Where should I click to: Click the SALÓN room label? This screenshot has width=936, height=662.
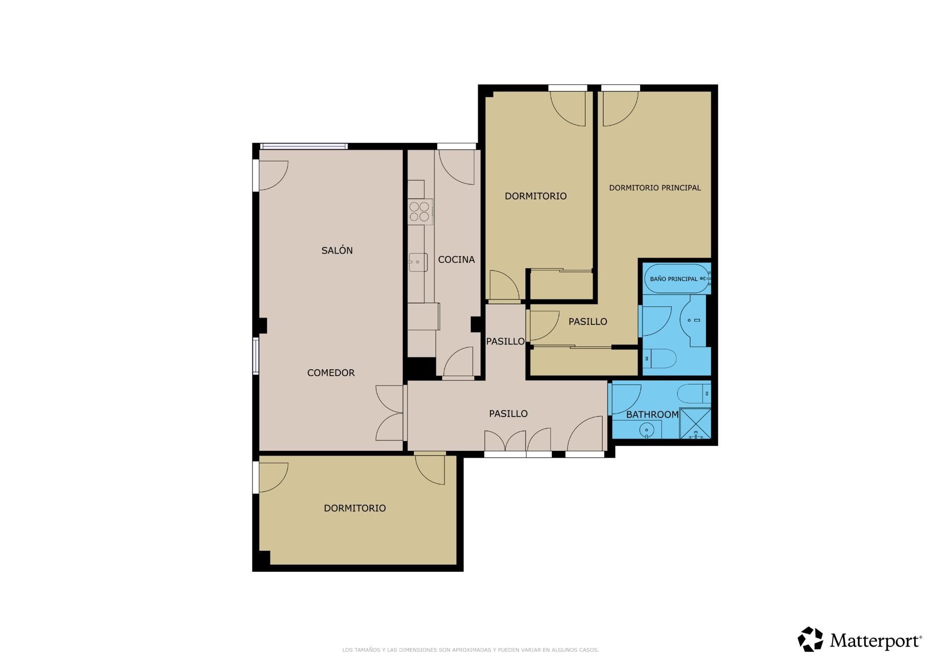pyautogui.click(x=337, y=250)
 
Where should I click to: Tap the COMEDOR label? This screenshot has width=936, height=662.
pyautogui.click(x=331, y=373)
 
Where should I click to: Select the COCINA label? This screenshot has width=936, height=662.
pyautogui.click(x=456, y=260)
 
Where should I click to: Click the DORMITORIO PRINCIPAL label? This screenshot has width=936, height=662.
pyautogui.click(x=655, y=188)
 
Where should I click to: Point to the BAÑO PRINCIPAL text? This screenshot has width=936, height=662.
pyautogui.click(x=674, y=279)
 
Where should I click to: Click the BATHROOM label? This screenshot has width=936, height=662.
pyautogui.click(x=652, y=415)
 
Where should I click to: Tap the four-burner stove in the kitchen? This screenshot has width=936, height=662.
pyautogui.click(x=420, y=212)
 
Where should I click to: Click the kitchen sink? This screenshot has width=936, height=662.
pyautogui.click(x=418, y=262)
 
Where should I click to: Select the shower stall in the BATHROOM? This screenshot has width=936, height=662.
pyautogui.click(x=695, y=423)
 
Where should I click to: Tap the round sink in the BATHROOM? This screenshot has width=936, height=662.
pyautogui.click(x=647, y=430)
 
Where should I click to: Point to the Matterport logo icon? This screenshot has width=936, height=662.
pyautogui.click(x=810, y=639)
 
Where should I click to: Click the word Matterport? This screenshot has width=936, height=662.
pyautogui.click(x=876, y=641)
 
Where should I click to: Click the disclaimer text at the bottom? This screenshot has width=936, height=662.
pyautogui.click(x=470, y=650)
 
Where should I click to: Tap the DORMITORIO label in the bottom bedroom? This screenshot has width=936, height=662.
pyautogui.click(x=355, y=508)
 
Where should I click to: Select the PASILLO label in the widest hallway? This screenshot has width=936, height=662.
pyautogui.click(x=508, y=414)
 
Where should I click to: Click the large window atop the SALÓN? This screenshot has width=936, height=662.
pyautogui.click(x=304, y=146)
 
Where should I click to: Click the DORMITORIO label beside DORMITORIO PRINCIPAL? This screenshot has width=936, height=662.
pyautogui.click(x=536, y=196)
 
